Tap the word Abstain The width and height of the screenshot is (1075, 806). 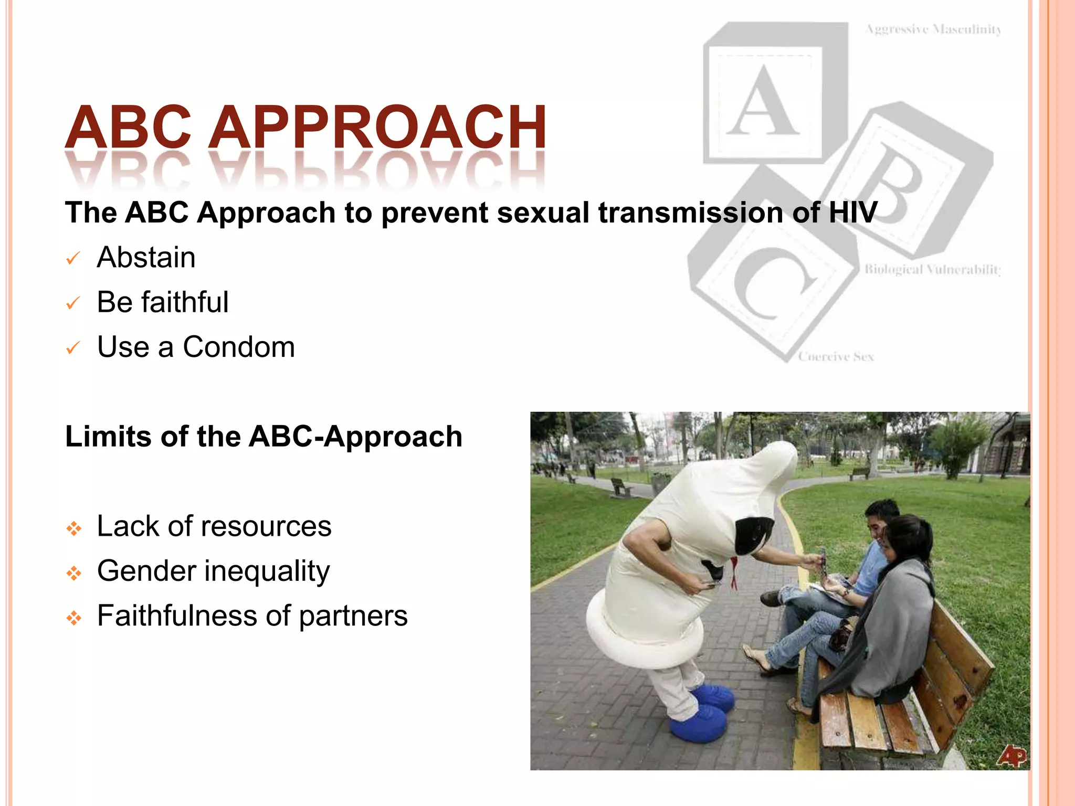click(146, 257)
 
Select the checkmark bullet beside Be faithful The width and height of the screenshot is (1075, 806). click(72, 303)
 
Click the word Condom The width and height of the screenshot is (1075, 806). click(239, 347)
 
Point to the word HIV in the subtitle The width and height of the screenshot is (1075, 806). click(852, 213)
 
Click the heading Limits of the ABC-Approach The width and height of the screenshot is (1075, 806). click(264, 436)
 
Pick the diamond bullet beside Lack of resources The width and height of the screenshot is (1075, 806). click(74, 528)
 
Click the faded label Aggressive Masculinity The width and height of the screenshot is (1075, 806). click(933, 29)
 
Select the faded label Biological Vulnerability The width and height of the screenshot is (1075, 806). click(932, 270)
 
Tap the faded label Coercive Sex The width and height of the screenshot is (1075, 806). click(836, 357)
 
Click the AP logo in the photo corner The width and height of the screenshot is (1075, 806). click(1012, 756)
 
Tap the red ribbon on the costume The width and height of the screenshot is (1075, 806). click(734, 572)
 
